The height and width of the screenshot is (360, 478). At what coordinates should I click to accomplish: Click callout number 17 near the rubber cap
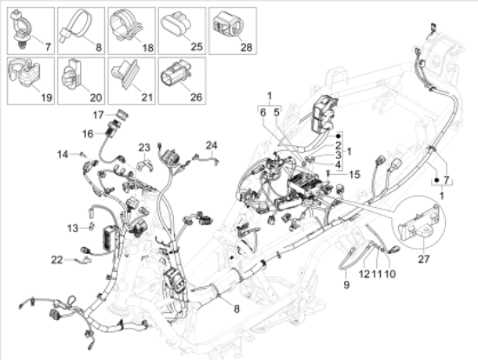(98, 114)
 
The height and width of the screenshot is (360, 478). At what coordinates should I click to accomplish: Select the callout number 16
(88, 134)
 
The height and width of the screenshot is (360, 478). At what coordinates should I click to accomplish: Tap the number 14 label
(63, 154)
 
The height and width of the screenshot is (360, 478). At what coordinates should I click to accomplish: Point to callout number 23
(143, 147)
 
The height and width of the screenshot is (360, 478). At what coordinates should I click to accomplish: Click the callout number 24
(211, 144)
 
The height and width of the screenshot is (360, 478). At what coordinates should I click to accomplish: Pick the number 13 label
(74, 227)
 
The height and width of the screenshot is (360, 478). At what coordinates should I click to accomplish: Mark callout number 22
(56, 259)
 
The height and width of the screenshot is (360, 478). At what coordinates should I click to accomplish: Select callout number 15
(354, 174)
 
